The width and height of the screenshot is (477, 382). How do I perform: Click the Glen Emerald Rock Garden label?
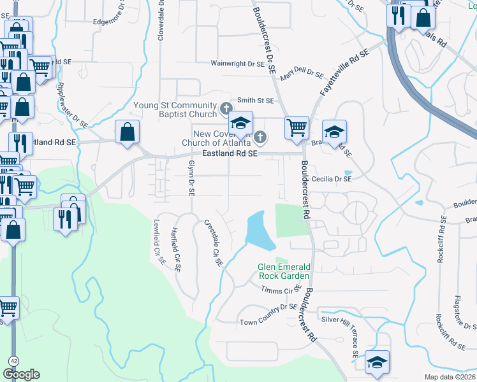point(284,271)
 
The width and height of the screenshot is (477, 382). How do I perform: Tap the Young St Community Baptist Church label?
point(175,110)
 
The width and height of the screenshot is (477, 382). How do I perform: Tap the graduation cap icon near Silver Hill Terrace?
point(377,362)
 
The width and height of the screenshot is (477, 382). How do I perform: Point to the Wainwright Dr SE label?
point(238,64)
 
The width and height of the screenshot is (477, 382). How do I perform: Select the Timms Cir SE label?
point(281,290)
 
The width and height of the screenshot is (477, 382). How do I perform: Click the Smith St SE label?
point(255,101)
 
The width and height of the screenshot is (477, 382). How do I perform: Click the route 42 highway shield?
point(13,360)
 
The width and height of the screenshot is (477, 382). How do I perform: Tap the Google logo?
point(21,374)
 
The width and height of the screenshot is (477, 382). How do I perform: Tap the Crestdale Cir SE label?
point(213,243)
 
